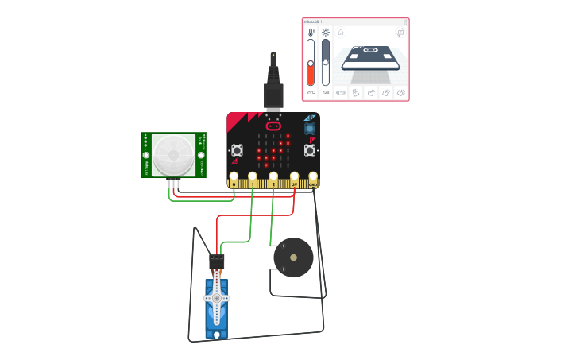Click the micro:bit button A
click(x=237, y=150)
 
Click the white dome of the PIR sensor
click(x=174, y=153)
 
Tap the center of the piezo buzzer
click(x=293, y=257)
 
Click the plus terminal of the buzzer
click(x=283, y=246)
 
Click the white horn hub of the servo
click(x=216, y=298)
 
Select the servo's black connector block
click(x=216, y=261)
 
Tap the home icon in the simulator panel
click(x=341, y=33)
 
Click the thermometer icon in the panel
click(x=311, y=32)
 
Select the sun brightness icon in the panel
click(x=326, y=32)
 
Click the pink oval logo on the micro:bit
click(x=273, y=126)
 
